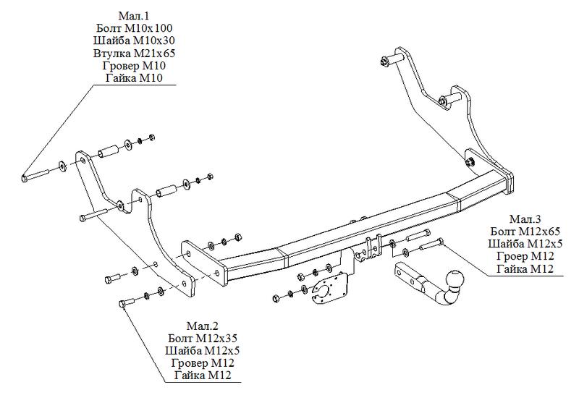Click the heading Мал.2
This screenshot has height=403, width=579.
[x=202, y=326]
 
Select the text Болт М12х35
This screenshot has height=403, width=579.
[x=202, y=338]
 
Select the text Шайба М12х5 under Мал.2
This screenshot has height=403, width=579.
[x=202, y=350]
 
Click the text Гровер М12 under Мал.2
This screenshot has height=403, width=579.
[x=202, y=362]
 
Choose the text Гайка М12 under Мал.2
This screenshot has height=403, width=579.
[x=202, y=375]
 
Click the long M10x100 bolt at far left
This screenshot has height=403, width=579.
[x=36, y=174]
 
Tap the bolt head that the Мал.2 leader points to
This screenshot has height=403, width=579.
[x=122, y=305]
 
